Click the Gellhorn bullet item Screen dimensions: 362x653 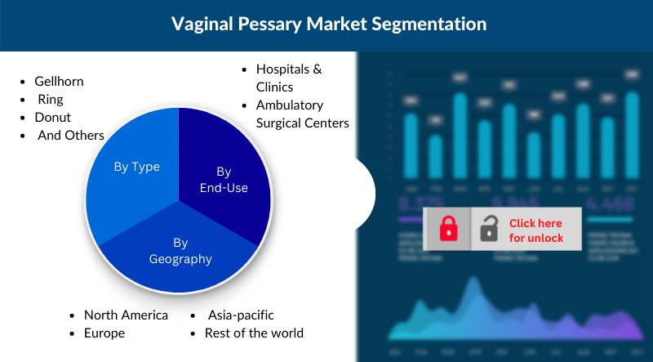tap(59, 82)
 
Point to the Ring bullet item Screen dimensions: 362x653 tap(51, 100)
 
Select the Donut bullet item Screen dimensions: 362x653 tap(52, 117)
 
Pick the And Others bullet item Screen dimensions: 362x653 tap(71, 135)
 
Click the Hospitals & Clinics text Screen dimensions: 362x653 tap(288, 78)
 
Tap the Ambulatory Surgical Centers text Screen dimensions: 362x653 tap(302, 114)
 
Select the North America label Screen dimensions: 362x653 tap(126, 315)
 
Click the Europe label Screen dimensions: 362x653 tap(104, 333)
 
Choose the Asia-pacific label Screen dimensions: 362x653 tap(241, 315)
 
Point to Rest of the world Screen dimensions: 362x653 tap(255, 333)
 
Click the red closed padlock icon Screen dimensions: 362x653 tap(448, 229)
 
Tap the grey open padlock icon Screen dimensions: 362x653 tap(489, 229)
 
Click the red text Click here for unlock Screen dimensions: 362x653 tap(536, 230)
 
